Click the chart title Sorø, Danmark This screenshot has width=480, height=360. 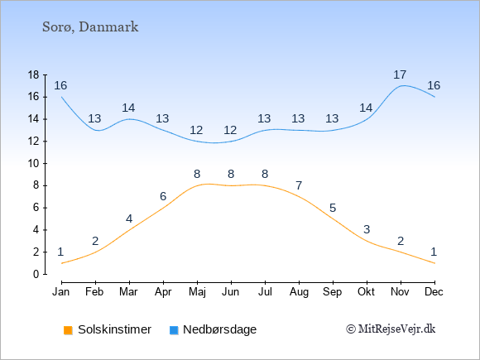click(90, 27)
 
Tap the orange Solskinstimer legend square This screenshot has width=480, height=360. click(68, 330)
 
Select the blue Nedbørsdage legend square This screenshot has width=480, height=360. click(174, 330)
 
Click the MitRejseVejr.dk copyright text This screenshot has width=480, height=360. click(391, 329)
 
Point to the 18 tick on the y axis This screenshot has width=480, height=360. click(33, 74)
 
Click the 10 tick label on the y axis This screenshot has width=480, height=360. click(33, 164)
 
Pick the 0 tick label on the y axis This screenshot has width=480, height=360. click(36, 274)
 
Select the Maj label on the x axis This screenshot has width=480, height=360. click(197, 292)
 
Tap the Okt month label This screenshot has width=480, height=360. click(366, 292)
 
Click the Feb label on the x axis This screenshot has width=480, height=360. click(94, 292)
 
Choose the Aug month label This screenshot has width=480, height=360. click(299, 292)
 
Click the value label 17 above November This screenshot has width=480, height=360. click(400, 74)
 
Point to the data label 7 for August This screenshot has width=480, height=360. click(299, 185)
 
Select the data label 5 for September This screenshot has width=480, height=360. click(333, 209)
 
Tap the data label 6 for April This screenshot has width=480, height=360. click(163, 196)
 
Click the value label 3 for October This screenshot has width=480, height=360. click(367, 229)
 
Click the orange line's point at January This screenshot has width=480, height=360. click(62, 263)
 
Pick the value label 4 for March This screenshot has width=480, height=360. click(129, 218)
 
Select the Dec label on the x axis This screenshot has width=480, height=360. click(434, 292)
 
